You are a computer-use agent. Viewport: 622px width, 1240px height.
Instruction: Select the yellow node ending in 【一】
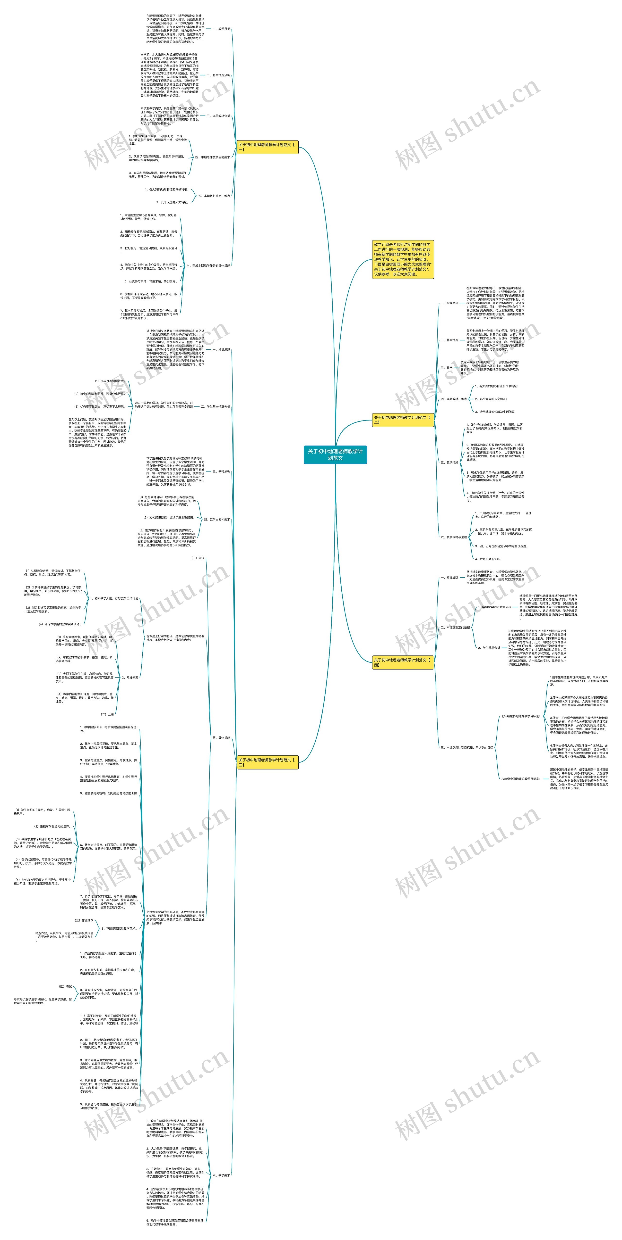(268, 147)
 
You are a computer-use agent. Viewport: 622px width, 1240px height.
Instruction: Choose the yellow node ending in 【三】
(268, 762)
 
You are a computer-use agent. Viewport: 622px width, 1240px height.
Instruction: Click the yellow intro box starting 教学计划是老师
(403, 259)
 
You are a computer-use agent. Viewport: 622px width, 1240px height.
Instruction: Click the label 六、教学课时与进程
(453, 537)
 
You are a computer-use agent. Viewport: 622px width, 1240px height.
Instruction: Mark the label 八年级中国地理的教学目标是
(520, 778)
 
